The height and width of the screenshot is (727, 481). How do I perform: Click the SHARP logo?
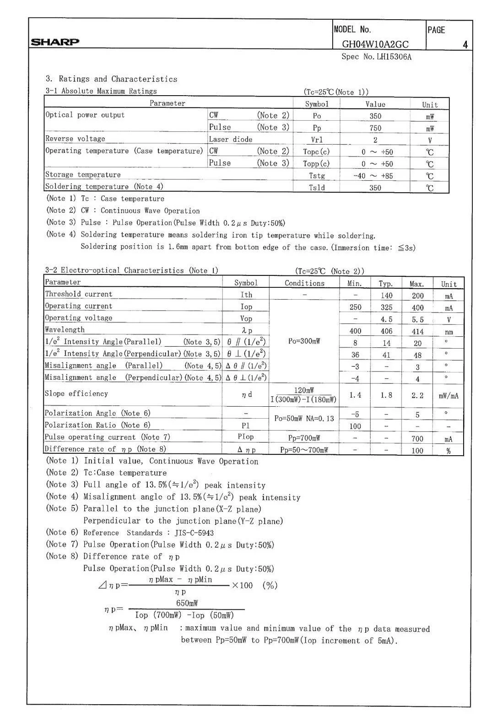[x=55, y=42]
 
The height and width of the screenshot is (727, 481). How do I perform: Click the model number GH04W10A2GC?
[x=375, y=44]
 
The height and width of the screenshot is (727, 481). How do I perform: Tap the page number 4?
[x=465, y=45]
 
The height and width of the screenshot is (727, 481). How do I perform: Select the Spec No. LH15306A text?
[x=377, y=57]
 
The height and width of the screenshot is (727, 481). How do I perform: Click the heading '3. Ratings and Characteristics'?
[x=111, y=79]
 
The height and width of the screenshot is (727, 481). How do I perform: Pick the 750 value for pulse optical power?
[x=375, y=128]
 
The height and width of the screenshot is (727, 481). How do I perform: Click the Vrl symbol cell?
[x=317, y=140]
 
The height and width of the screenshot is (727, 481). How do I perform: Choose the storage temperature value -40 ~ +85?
[x=373, y=176]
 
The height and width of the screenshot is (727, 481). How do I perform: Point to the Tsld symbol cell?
[x=317, y=188]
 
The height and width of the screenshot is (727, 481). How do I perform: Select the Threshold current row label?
[x=79, y=294]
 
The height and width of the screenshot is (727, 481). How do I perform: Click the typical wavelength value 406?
[x=386, y=331]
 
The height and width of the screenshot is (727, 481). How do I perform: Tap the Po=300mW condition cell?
[x=304, y=341]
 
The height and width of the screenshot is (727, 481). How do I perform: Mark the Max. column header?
[x=416, y=284]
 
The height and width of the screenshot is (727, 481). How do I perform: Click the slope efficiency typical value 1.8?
[x=386, y=395]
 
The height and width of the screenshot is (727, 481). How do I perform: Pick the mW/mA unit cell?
[x=448, y=396]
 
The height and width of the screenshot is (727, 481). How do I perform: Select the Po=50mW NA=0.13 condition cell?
[x=304, y=419]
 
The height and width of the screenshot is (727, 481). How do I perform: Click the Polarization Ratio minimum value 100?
[x=355, y=426]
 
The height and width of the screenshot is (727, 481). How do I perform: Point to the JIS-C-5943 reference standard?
[x=194, y=533]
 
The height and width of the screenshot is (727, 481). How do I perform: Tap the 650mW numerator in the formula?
[x=187, y=603]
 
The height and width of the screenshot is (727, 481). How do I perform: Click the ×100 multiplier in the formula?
[x=243, y=585]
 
